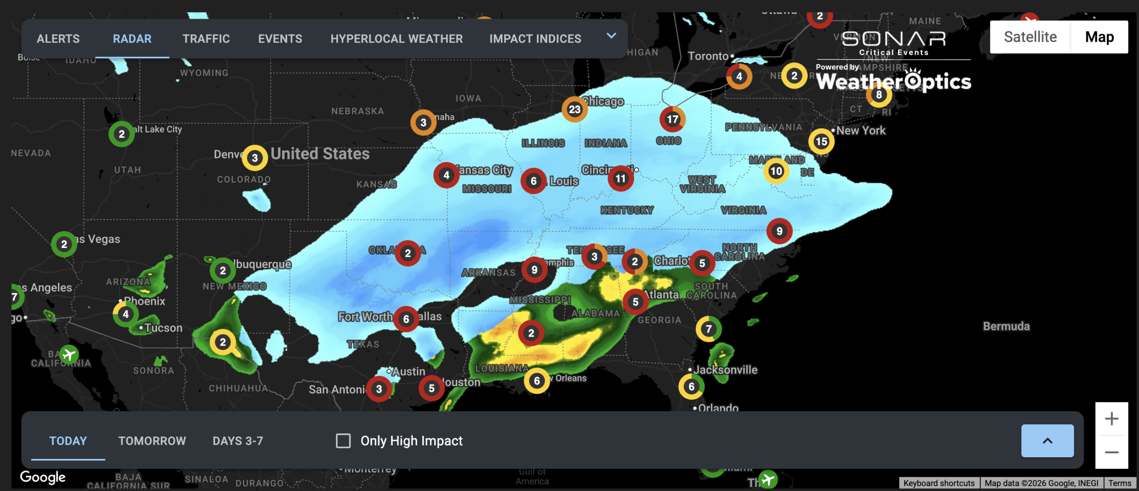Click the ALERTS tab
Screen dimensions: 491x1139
pos(58,39)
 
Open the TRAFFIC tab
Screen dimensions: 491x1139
pos(206,39)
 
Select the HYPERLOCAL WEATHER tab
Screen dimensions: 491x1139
pos(396,39)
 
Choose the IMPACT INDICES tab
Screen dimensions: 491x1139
pos(535,39)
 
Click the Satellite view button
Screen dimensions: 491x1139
pos(1030,37)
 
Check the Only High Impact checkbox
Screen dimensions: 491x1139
pos(343,441)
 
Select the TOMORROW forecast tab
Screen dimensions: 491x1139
pos(152,441)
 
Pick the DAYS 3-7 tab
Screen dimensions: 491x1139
pos(238,441)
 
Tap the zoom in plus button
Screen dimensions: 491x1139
pos(1111,418)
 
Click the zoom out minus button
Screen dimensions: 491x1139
pos(1111,452)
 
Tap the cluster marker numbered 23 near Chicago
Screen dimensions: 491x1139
pos(574,109)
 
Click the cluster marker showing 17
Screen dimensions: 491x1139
pos(672,119)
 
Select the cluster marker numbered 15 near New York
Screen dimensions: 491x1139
pos(821,142)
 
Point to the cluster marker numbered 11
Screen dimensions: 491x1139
pos(620,179)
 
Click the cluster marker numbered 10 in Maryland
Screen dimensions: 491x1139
pos(776,171)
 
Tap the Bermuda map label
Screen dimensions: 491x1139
pos(1006,326)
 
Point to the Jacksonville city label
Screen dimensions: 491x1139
pos(725,369)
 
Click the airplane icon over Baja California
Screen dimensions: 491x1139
pos(69,355)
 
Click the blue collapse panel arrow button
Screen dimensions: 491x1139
pos(1047,441)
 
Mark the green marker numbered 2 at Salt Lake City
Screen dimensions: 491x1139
pos(121,134)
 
